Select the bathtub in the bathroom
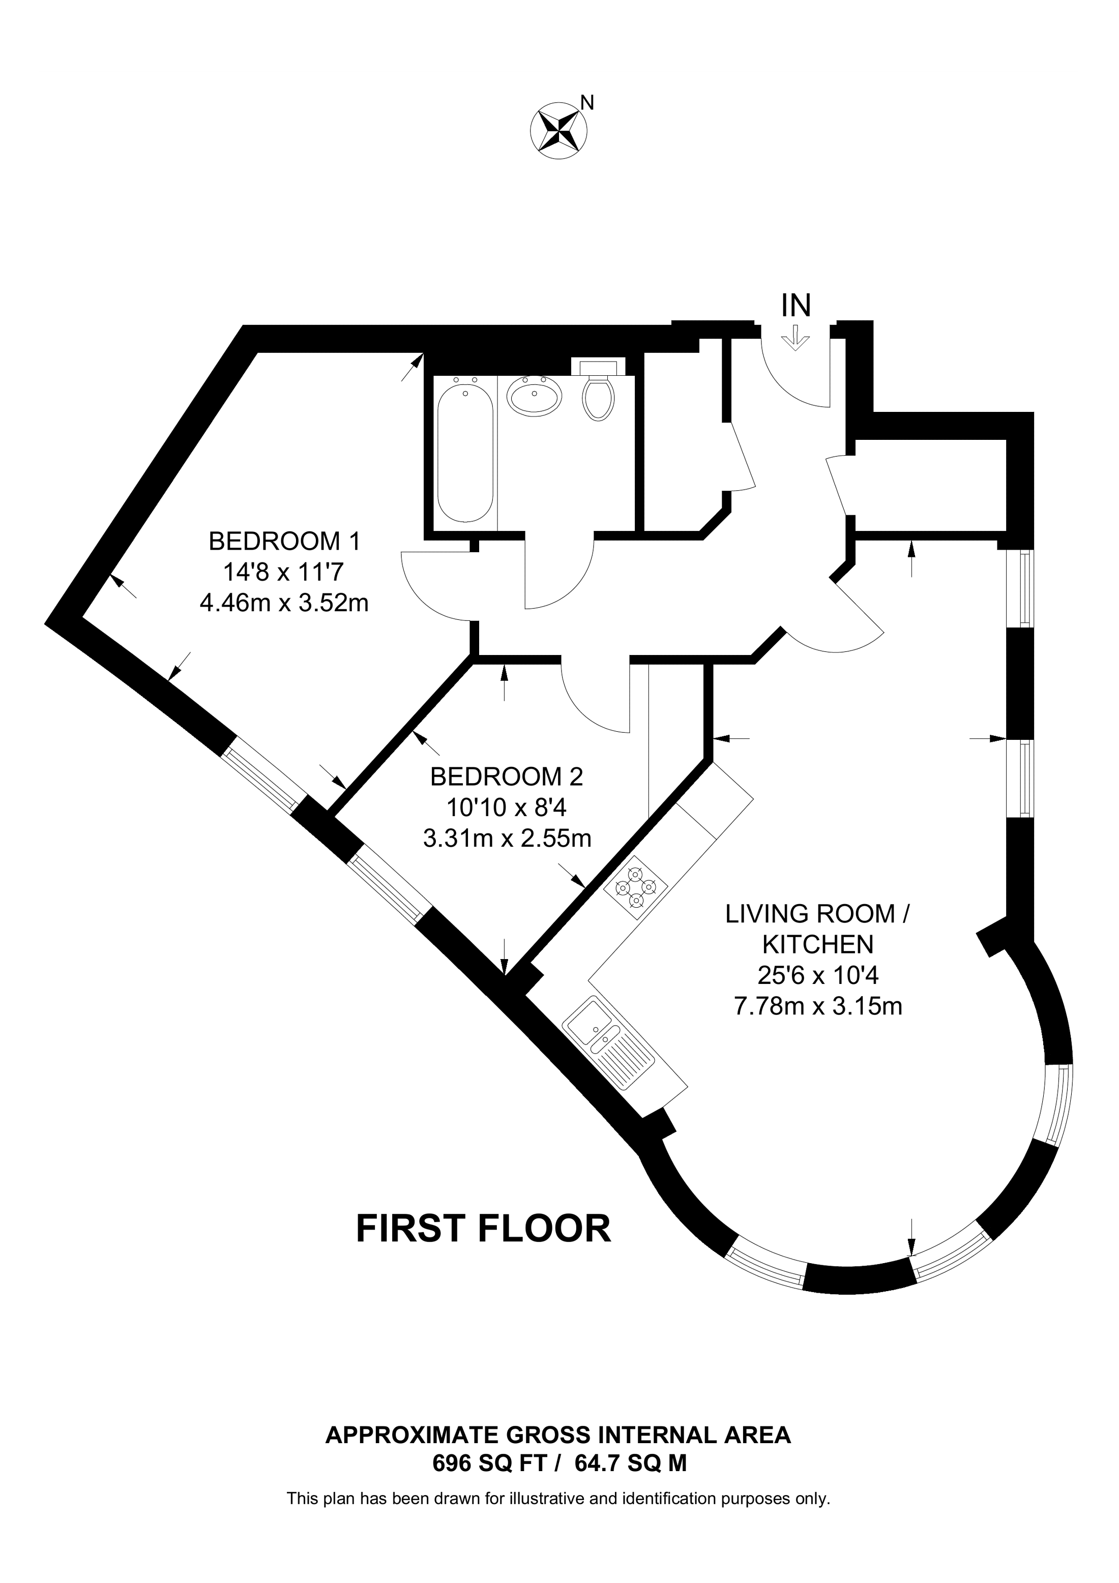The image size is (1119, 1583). coord(465,454)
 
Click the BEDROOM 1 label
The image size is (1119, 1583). coord(284,541)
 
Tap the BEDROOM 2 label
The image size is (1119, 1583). coord(506,776)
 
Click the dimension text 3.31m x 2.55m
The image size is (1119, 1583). coord(507,839)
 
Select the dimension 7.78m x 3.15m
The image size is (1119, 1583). coord(818,1007)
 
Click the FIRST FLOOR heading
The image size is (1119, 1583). coord(483,1229)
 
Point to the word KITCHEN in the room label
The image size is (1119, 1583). coord(818,944)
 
